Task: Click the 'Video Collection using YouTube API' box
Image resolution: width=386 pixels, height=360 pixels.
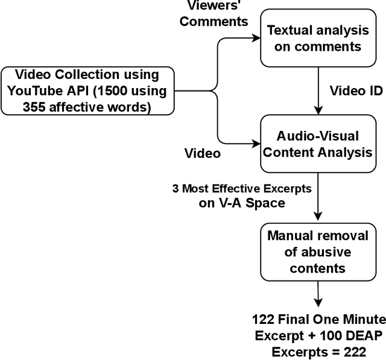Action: (x=87, y=92)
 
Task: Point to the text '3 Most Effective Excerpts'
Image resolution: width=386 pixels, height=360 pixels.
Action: (x=241, y=188)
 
